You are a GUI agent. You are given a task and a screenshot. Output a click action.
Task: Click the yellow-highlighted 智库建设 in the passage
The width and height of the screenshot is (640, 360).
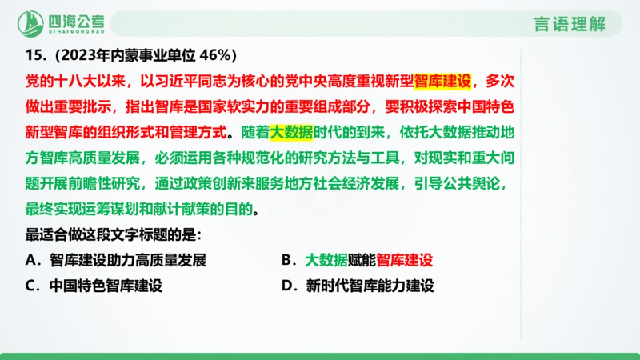point(444,81)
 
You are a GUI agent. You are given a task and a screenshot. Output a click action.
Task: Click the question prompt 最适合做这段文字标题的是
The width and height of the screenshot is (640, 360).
point(114,235)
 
